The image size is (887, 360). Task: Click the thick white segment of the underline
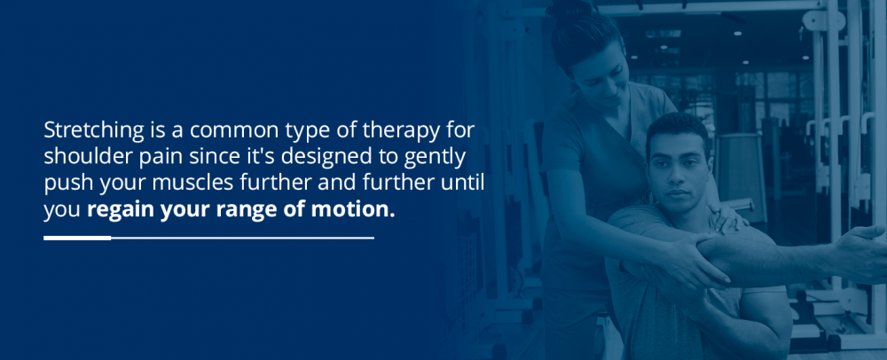click(77, 238)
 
